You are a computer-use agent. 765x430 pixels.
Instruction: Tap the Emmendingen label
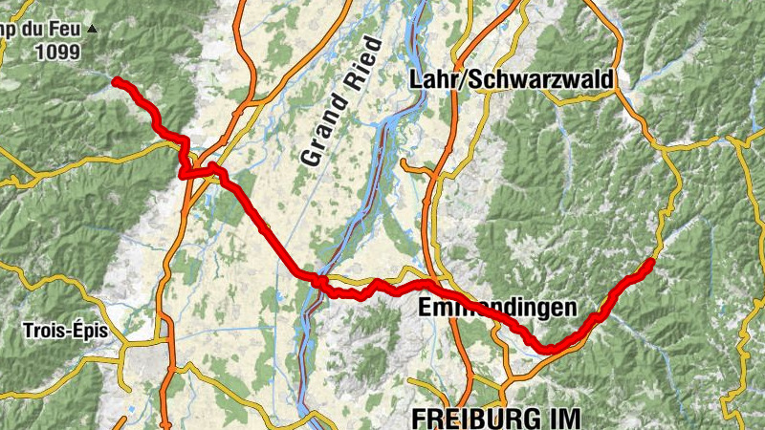(x=497, y=308)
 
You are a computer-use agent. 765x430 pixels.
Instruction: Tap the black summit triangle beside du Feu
(x=92, y=30)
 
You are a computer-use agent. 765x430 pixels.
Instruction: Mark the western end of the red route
(x=116, y=81)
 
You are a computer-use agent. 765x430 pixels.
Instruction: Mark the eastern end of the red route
(x=652, y=261)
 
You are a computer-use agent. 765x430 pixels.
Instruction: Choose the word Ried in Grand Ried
(x=362, y=61)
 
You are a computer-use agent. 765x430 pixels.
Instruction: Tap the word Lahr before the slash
(x=431, y=80)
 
